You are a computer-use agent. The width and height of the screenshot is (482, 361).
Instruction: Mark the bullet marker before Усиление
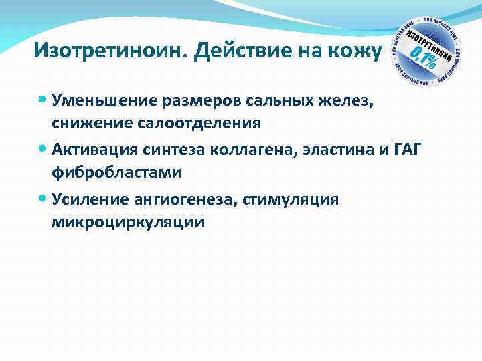click(44, 199)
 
